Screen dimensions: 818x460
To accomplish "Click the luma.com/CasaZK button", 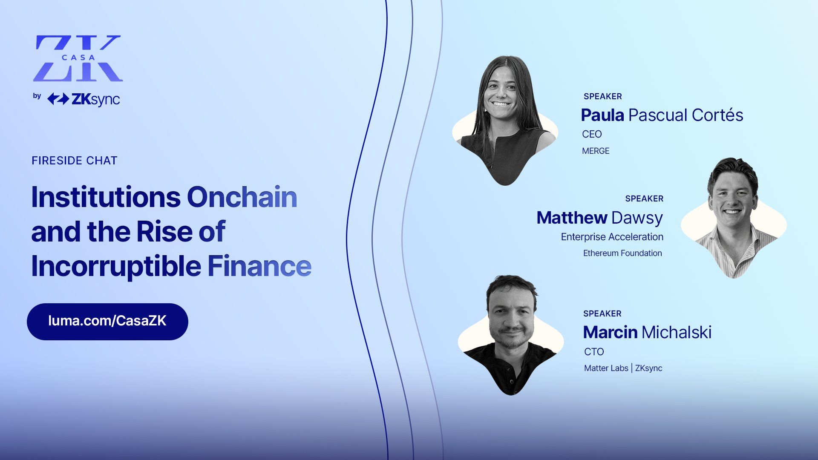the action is click(x=107, y=322).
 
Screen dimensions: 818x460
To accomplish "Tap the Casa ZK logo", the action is click(x=78, y=58).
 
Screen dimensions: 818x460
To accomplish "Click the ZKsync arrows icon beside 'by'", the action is click(x=58, y=99).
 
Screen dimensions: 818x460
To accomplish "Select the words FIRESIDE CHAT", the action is click(x=75, y=161).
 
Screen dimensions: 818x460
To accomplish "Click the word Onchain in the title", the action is click(x=242, y=197).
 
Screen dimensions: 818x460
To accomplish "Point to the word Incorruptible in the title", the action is click(x=116, y=267).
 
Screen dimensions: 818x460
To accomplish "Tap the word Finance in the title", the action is click(x=259, y=266).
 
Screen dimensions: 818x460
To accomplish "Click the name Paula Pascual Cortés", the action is click(x=662, y=115).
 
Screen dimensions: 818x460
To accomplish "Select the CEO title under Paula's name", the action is click(x=592, y=134).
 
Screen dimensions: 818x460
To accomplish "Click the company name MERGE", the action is click(x=596, y=151).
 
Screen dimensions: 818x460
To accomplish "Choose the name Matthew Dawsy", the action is click(x=599, y=218).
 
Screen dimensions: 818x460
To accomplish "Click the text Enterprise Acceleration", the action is click(x=612, y=237).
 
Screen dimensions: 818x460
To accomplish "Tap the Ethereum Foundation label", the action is click(x=622, y=253).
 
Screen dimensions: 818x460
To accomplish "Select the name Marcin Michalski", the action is click(x=647, y=332).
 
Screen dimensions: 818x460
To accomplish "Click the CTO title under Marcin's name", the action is click(x=594, y=352).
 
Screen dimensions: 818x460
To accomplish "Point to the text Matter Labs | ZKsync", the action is click(x=623, y=368).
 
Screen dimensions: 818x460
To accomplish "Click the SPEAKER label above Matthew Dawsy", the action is click(x=644, y=198).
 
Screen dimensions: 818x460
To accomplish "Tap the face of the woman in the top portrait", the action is click(x=501, y=92).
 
